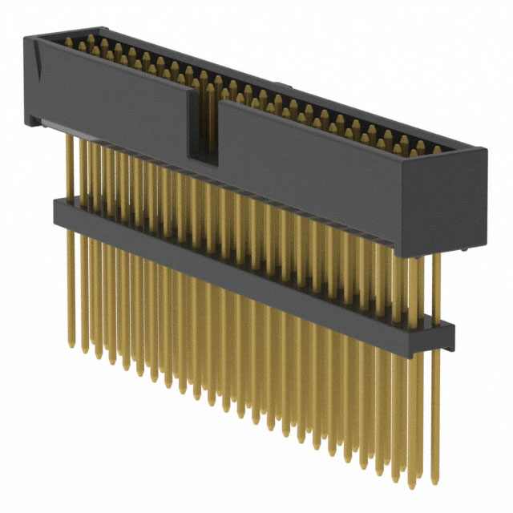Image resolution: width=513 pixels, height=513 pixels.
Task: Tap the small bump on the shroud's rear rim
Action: point(280,83)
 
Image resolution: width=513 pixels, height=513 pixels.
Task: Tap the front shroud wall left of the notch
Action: point(112,92)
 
